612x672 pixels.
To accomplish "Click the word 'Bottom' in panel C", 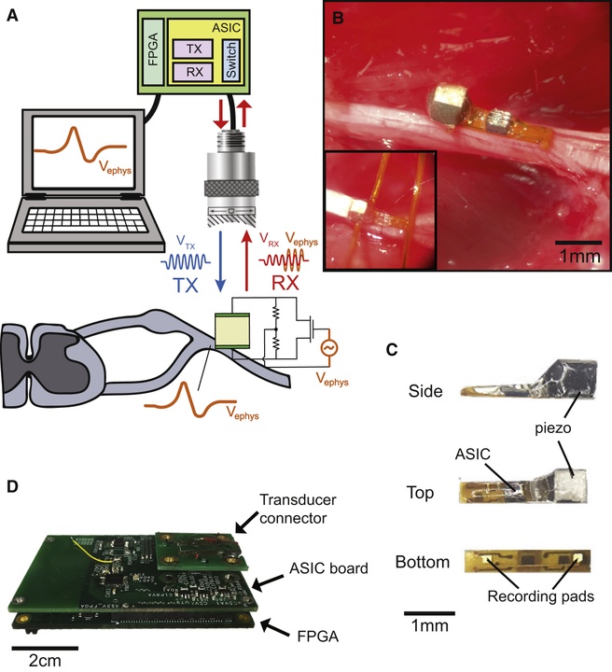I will [x=422, y=562].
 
